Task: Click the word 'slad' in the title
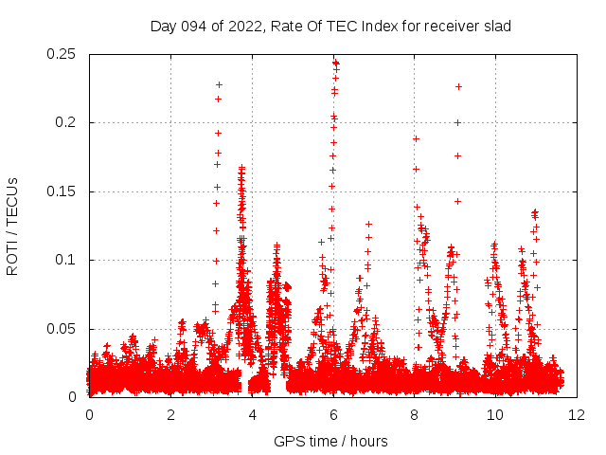coord(496,27)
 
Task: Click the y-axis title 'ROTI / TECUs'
coord(13,226)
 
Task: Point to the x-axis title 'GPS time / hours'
coord(330,441)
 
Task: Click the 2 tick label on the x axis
coord(170,414)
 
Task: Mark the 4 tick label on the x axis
coord(252,414)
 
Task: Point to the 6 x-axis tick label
coord(333,414)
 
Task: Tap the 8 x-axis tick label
coord(414,414)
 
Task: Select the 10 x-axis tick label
coord(495,414)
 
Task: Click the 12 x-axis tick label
coord(576,414)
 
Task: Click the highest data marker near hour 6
coord(335,63)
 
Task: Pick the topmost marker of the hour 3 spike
coord(219,84)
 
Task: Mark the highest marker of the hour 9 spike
coord(458,86)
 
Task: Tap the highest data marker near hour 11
coord(535,212)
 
